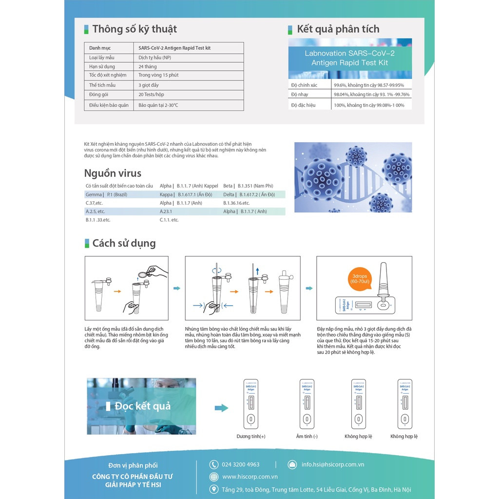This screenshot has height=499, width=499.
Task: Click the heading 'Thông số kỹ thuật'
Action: pos(134,29)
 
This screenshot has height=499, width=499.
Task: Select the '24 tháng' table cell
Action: pos(148,66)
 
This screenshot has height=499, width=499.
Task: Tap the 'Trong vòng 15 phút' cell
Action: pos(158,75)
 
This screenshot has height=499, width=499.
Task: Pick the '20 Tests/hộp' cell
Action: pos(151,95)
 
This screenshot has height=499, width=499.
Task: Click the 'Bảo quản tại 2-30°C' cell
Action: pos(158,105)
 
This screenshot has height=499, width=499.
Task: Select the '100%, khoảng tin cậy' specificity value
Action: pos(368,105)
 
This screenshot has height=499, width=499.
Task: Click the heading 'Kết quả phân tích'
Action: pos(338,29)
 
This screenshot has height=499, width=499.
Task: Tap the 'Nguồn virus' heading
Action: pos(113,173)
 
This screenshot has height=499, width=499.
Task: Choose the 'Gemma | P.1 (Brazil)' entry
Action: pos(106,194)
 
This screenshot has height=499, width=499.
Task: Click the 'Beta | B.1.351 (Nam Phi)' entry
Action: pos(248,186)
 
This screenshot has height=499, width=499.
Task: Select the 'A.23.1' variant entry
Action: pos(166,211)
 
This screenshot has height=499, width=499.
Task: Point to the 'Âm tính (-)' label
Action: pos(307,436)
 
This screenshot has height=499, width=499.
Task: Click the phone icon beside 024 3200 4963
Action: pos(213,464)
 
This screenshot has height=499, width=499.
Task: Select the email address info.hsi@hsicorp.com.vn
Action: pos(333,464)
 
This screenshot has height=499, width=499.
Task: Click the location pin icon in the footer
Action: pos(213,489)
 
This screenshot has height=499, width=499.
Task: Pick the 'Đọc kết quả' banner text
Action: pos(142,406)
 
